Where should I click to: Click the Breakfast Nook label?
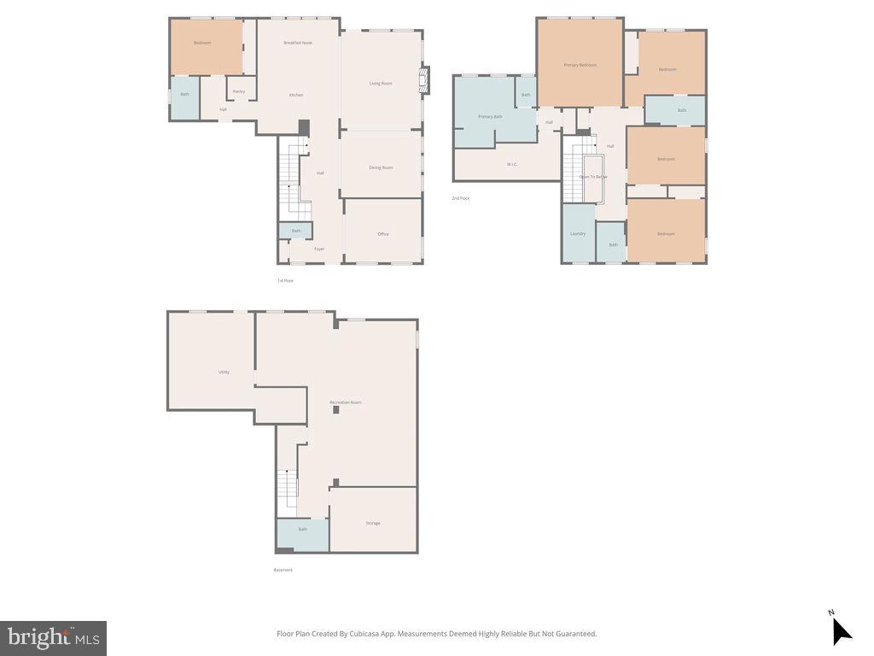click(298, 43)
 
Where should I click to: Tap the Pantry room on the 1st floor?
click(239, 91)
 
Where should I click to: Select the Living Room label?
click(381, 83)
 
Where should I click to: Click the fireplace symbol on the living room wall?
click(426, 82)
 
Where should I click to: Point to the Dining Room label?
click(381, 167)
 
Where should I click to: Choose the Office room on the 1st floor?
click(383, 233)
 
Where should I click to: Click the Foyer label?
click(319, 249)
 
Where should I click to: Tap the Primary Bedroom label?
click(580, 65)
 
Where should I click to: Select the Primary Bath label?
click(490, 116)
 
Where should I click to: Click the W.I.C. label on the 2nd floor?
click(512, 164)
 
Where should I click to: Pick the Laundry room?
click(578, 233)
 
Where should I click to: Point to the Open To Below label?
click(593, 177)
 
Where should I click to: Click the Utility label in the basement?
click(224, 372)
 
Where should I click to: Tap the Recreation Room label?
click(346, 402)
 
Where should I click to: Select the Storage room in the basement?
click(373, 523)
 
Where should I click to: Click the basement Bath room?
click(302, 530)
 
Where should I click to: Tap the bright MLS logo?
click(53, 638)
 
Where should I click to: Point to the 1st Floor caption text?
click(285, 280)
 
